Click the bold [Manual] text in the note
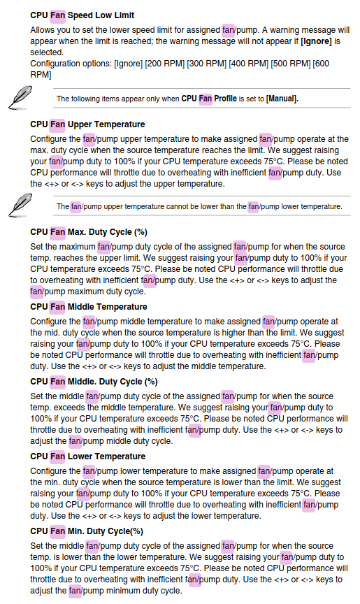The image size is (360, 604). coord(282,99)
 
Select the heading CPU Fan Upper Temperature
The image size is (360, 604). coord(87,124)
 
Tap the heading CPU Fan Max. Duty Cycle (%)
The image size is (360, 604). coord(89,232)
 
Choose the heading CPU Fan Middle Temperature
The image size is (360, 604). coord(89,307)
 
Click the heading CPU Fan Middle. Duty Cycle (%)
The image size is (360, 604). coord(94,382)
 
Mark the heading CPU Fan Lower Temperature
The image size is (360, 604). coord(88,456)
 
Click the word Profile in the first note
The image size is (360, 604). coord(226,99)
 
